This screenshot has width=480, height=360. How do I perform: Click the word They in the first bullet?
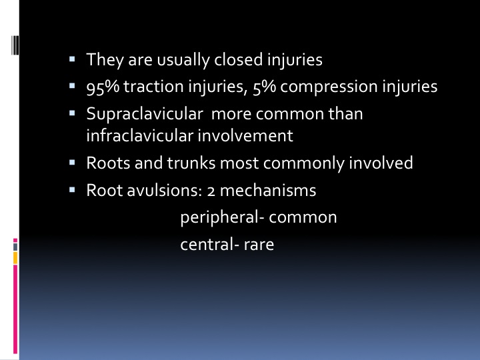click(105, 59)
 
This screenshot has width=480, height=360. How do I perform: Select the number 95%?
click(103, 87)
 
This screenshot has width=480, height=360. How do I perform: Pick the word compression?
click(329, 87)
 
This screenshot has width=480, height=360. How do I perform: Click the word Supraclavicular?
click(145, 114)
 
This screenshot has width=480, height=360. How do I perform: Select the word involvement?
click(245, 135)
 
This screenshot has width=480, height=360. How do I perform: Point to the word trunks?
click(191, 163)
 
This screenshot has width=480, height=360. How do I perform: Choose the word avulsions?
click(165, 191)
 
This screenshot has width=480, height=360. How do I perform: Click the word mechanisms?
click(268, 191)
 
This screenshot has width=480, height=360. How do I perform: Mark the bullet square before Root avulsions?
click(72, 190)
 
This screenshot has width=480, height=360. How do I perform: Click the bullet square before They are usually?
click(72, 59)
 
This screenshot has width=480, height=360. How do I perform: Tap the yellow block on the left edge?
click(15, 258)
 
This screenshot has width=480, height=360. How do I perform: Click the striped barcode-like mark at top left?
click(15, 45)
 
